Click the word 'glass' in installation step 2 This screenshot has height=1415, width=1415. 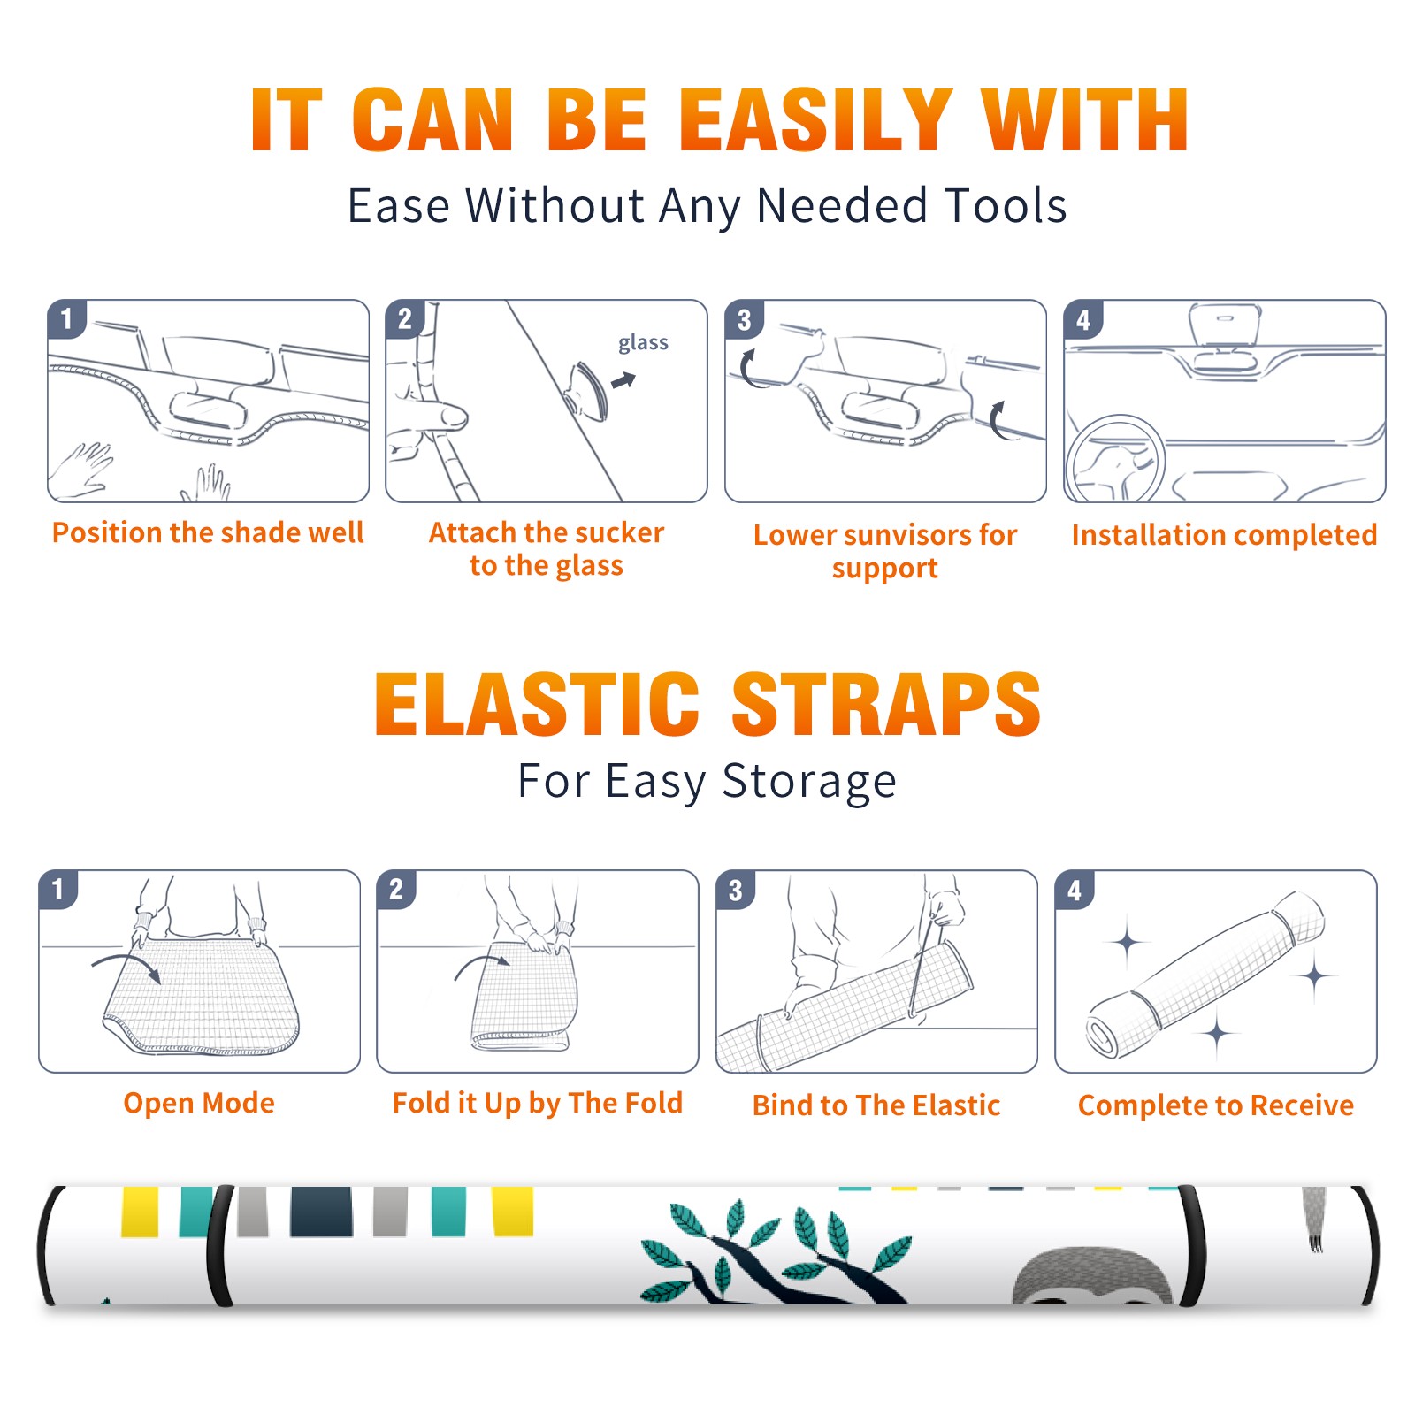[x=643, y=343]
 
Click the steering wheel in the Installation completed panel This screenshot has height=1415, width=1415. [x=1115, y=459]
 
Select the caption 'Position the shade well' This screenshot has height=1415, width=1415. [x=208, y=532]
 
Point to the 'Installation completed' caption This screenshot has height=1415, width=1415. [x=1224, y=535]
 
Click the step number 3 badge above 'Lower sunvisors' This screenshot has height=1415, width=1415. [x=744, y=319]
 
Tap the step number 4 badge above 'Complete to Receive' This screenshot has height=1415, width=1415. [x=1075, y=890]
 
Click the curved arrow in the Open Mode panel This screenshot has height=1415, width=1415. [x=126, y=965]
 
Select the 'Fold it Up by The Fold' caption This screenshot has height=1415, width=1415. [x=538, y=1104]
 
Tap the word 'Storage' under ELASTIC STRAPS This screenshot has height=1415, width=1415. [x=809, y=782]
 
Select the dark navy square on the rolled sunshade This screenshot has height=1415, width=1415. [x=321, y=1212]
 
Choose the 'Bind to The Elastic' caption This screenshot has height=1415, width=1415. [x=876, y=1105]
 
